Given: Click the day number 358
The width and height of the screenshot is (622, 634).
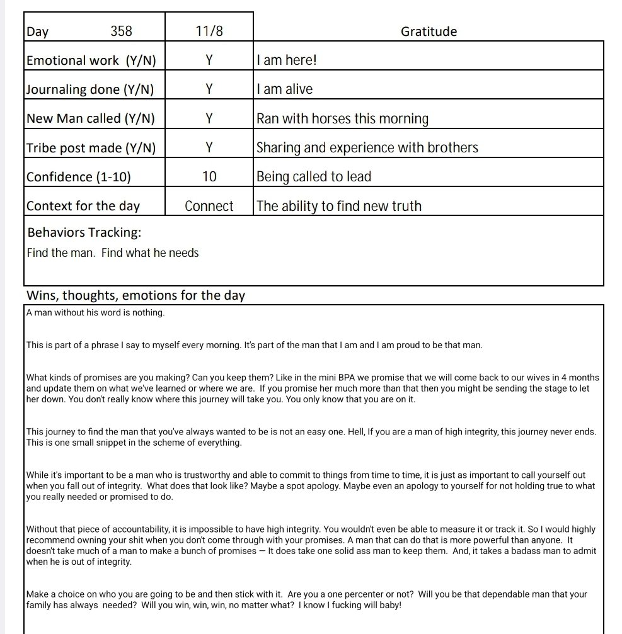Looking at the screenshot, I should coord(121,31).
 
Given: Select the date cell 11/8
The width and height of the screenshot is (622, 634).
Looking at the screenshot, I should coord(209,31).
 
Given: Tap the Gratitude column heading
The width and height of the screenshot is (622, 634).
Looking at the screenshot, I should coord(429,31).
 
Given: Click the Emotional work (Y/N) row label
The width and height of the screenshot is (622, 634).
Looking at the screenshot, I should coord(91,60).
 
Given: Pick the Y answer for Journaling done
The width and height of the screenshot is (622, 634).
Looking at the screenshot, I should coord(209,89).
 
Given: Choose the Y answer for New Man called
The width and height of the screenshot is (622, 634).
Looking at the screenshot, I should coord(209,118).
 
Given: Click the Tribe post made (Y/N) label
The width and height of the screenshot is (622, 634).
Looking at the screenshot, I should coord(91,148).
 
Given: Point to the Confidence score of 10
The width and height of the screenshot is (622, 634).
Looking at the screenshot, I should coord(209,177).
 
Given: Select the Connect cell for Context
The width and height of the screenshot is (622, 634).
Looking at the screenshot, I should coord(209,206).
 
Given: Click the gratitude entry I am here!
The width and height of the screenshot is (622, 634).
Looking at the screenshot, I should coord(287,60).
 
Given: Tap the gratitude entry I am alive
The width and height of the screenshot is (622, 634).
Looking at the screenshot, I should coord(285,89).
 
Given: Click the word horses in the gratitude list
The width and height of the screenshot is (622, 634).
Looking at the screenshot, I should coord(333,118).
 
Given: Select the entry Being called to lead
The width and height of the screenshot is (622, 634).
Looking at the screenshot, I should coord(314,177).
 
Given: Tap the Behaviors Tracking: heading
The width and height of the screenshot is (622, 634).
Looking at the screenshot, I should coord(84,232).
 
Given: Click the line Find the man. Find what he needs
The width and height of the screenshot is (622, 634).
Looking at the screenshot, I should coord(113,253).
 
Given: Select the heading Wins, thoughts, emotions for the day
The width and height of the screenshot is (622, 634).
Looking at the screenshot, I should coord(135,295).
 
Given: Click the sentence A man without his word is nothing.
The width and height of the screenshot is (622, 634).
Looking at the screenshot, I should coord(96,313).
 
